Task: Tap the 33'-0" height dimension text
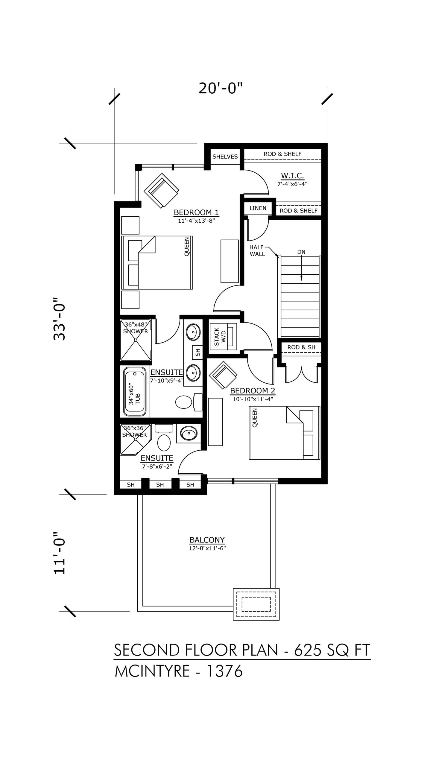pos(59,319)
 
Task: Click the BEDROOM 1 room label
pos(196,212)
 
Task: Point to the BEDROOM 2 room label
pos(253,390)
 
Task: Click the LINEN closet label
pos(258,208)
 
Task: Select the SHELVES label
pos(225,156)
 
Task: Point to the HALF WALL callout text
pos(257,251)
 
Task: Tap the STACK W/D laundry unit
pos(223,336)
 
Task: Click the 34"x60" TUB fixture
pos(135,392)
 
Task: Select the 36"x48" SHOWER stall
pos(136,340)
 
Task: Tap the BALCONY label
pos(207,540)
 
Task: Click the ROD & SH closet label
pos(301,347)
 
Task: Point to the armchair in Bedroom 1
pos(162,191)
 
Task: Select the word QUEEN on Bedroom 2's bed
pos(255,418)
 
